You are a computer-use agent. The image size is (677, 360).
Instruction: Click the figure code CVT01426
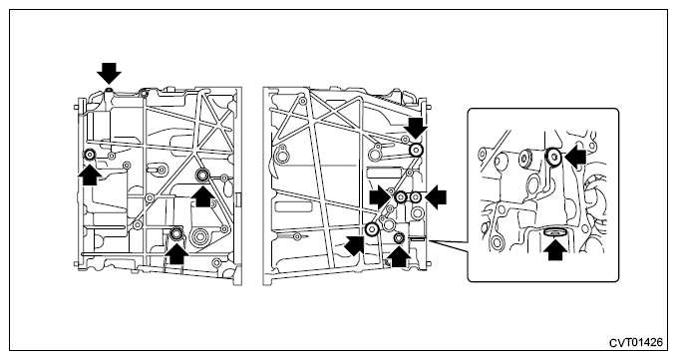[x=635, y=343]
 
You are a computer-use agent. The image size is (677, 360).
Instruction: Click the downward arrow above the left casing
[x=109, y=73]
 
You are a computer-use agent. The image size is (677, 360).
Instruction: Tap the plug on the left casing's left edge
[x=90, y=155]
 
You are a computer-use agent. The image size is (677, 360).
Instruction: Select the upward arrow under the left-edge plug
[x=90, y=175]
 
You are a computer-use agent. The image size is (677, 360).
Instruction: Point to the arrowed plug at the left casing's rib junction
[x=202, y=176]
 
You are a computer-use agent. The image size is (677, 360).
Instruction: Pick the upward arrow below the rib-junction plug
[x=202, y=196]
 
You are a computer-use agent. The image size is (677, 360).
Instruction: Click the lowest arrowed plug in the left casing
[x=176, y=234]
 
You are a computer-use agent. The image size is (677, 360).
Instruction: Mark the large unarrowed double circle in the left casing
[x=200, y=236]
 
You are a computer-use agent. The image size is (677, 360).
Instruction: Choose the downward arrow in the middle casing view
[x=416, y=128]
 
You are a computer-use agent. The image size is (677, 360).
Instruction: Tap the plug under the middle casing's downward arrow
[x=416, y=150]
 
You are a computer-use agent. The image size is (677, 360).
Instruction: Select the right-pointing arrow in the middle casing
[x=381, y=197]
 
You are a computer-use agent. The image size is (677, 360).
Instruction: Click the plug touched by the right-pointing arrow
[x=401, y=197]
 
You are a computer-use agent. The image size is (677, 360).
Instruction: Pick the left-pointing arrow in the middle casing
[x=436, y=197]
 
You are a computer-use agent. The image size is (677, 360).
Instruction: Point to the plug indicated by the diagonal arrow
[x=371, y=229]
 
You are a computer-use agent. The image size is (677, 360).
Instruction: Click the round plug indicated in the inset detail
[x=554, y=156]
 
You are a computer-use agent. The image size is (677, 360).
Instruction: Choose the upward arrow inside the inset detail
[x=557, y=250]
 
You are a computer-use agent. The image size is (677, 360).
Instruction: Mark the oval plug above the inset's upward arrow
[x=555, y=232]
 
